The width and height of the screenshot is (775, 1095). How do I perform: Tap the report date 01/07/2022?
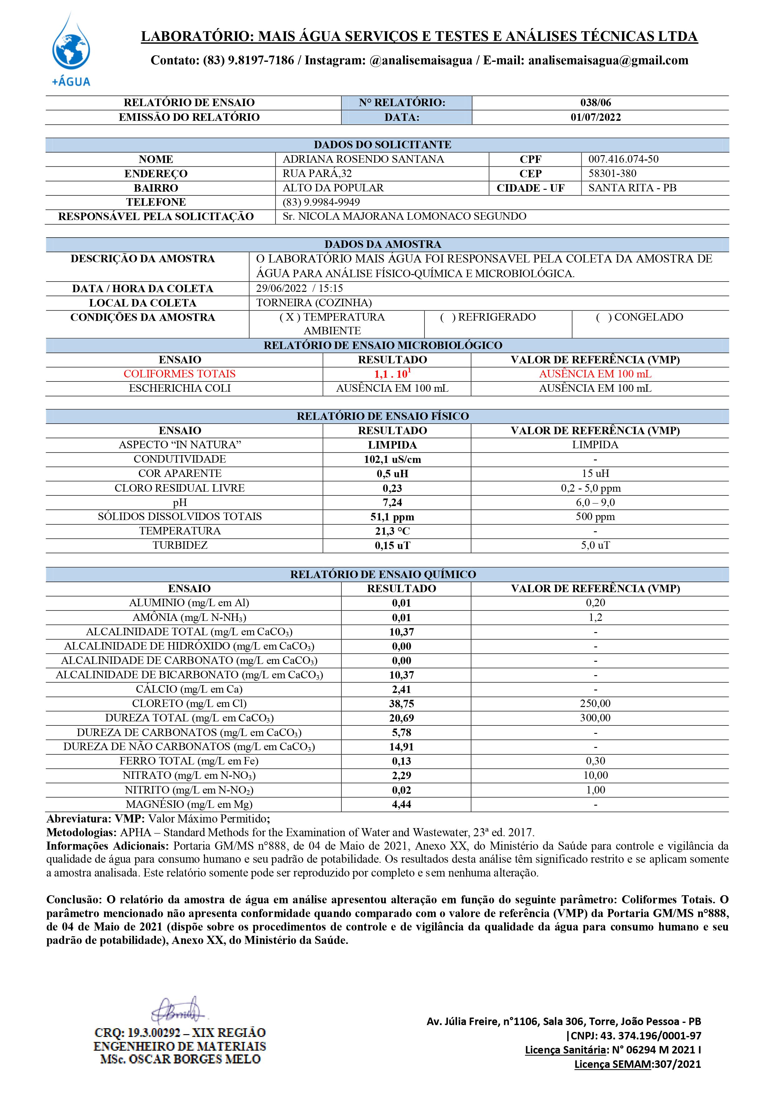(596, 117)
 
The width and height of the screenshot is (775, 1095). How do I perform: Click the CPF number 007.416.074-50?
(623, 159)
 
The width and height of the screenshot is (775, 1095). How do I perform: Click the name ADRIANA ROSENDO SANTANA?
(363, 159)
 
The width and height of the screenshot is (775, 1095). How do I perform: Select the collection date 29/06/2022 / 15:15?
(299, 288)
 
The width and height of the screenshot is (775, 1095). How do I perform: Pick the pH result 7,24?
(392, 503)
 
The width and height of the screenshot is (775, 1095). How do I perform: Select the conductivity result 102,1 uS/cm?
(392, 460)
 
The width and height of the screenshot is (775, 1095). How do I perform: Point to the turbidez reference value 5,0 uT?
(595, 546)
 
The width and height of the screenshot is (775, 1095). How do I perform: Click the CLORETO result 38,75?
(401, 704)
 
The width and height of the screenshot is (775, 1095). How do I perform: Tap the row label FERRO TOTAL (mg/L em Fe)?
(189, 761)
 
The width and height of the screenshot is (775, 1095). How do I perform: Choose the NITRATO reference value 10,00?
(595, 775)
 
